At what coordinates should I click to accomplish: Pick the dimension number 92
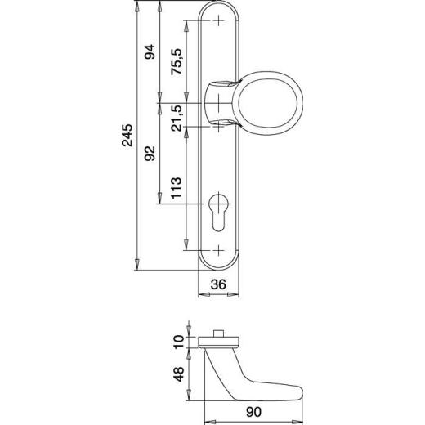tap(150, 156)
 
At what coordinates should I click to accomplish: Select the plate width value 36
tap(218, 284)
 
